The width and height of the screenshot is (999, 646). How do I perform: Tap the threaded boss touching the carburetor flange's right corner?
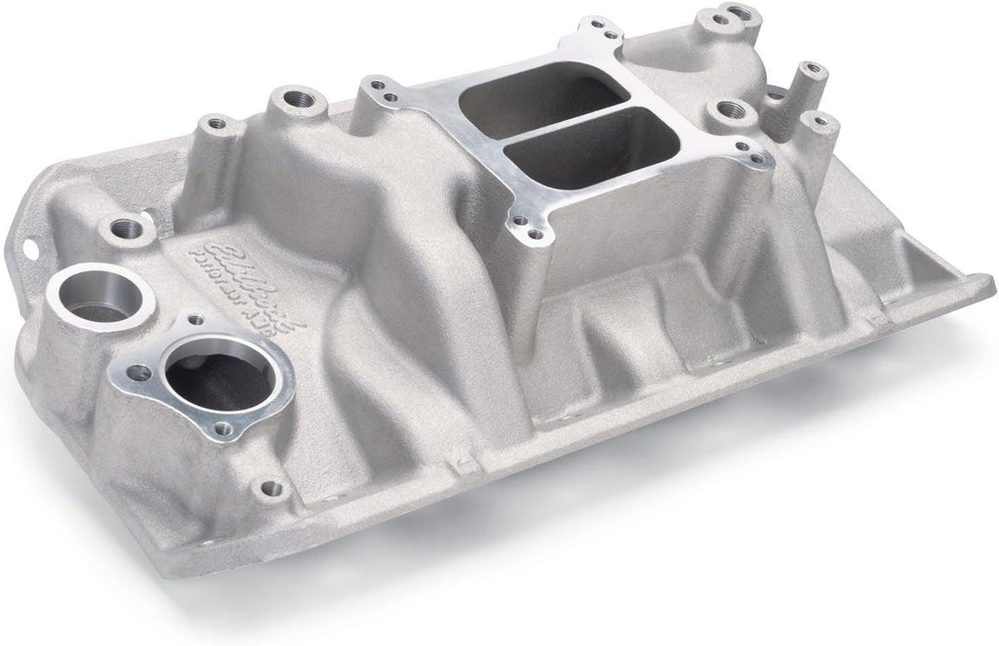pos(728,115)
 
